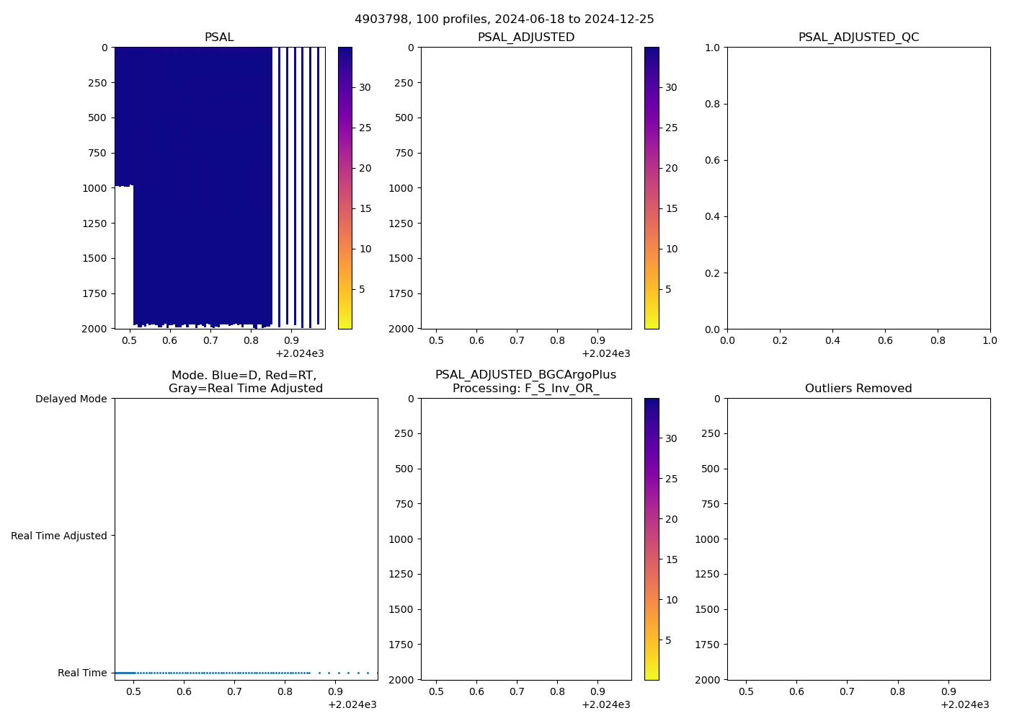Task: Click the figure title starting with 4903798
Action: tap(504, 19)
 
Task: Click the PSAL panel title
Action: tap(219, 37)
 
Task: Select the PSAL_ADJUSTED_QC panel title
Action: tap(858, 37)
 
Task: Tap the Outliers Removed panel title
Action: tap(858, 389)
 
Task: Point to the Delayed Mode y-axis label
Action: tap(71, 399)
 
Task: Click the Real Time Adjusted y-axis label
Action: tap(59, 536)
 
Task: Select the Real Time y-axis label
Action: tap(82, 673)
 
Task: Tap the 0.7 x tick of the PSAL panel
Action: tap(210, 340)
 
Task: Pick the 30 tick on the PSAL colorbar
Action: tap(365, 87)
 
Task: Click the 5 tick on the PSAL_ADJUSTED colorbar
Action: tap(668, 289)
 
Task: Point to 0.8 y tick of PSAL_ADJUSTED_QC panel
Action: tap(712, 104)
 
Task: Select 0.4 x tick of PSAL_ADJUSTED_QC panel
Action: tap(832, 340)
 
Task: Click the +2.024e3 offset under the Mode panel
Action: tap(352, 704)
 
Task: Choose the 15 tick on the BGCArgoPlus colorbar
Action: tap(671, 559)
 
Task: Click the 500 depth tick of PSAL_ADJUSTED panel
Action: tap(404, 118)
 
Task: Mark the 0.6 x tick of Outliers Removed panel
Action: tap(796, 691)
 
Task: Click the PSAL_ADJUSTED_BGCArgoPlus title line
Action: tap(525, 375)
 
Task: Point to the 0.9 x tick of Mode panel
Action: tap(335, 691)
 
